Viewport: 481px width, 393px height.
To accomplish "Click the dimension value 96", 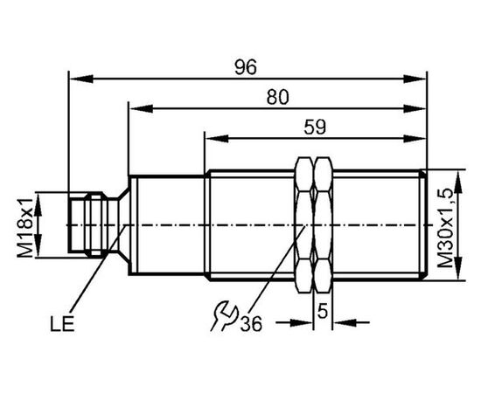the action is pos(246,67).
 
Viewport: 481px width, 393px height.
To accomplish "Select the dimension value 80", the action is pos(277,97).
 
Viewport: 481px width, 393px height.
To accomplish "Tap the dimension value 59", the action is pos(315,127).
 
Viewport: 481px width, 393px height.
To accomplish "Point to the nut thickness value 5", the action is pos(323,312).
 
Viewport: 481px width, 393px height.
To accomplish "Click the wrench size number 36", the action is pos(251,323).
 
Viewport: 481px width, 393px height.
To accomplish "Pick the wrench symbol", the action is pos(224,317).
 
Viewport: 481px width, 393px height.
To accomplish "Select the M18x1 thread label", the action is pos(24,227).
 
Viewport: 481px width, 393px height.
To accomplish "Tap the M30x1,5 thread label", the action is pos(445,228).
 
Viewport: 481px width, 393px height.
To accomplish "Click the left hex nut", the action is pos(304,225).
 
